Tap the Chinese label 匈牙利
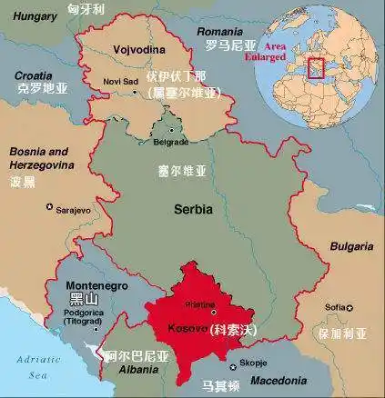(86, 8)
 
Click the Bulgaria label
(350, 246)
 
